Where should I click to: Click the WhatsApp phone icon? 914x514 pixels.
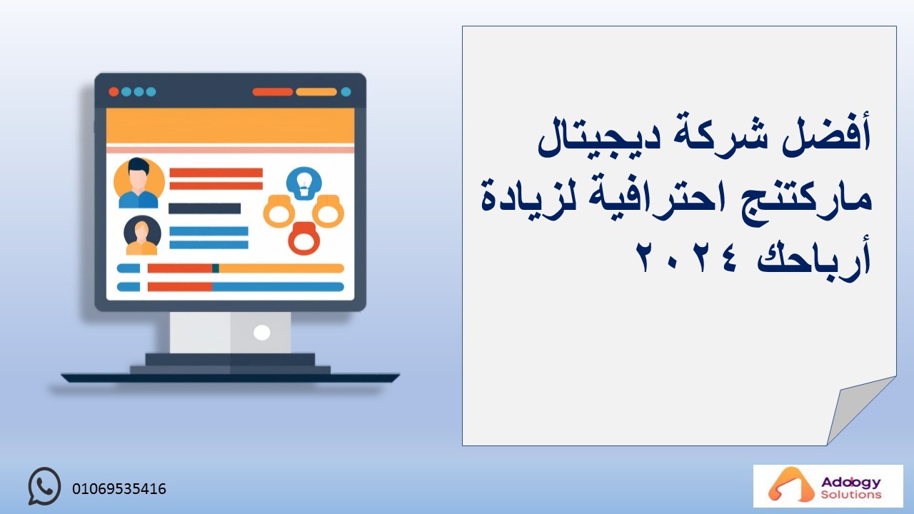(x=44, y=486)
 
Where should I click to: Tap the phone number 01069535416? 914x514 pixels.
(x=119, y=489)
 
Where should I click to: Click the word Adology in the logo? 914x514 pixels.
(x=850, y=483)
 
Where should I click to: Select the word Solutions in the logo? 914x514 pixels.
(x=851, y=495)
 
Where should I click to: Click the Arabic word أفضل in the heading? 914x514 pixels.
(x=826, y=136)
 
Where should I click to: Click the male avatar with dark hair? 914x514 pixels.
(x=139, y=183)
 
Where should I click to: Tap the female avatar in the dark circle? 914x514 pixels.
(x=142, y=236)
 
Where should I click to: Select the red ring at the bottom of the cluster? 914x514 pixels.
(x=304, y=238)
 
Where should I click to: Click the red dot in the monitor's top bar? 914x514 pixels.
(x=114, y=92)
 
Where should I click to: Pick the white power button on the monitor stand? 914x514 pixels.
(x=261, y=333)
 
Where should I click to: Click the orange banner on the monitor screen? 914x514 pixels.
(x=230, y=126)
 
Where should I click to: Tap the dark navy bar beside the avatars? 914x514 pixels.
(x=204, y=208)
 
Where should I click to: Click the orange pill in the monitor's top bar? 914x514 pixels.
(x=316, y=92)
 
